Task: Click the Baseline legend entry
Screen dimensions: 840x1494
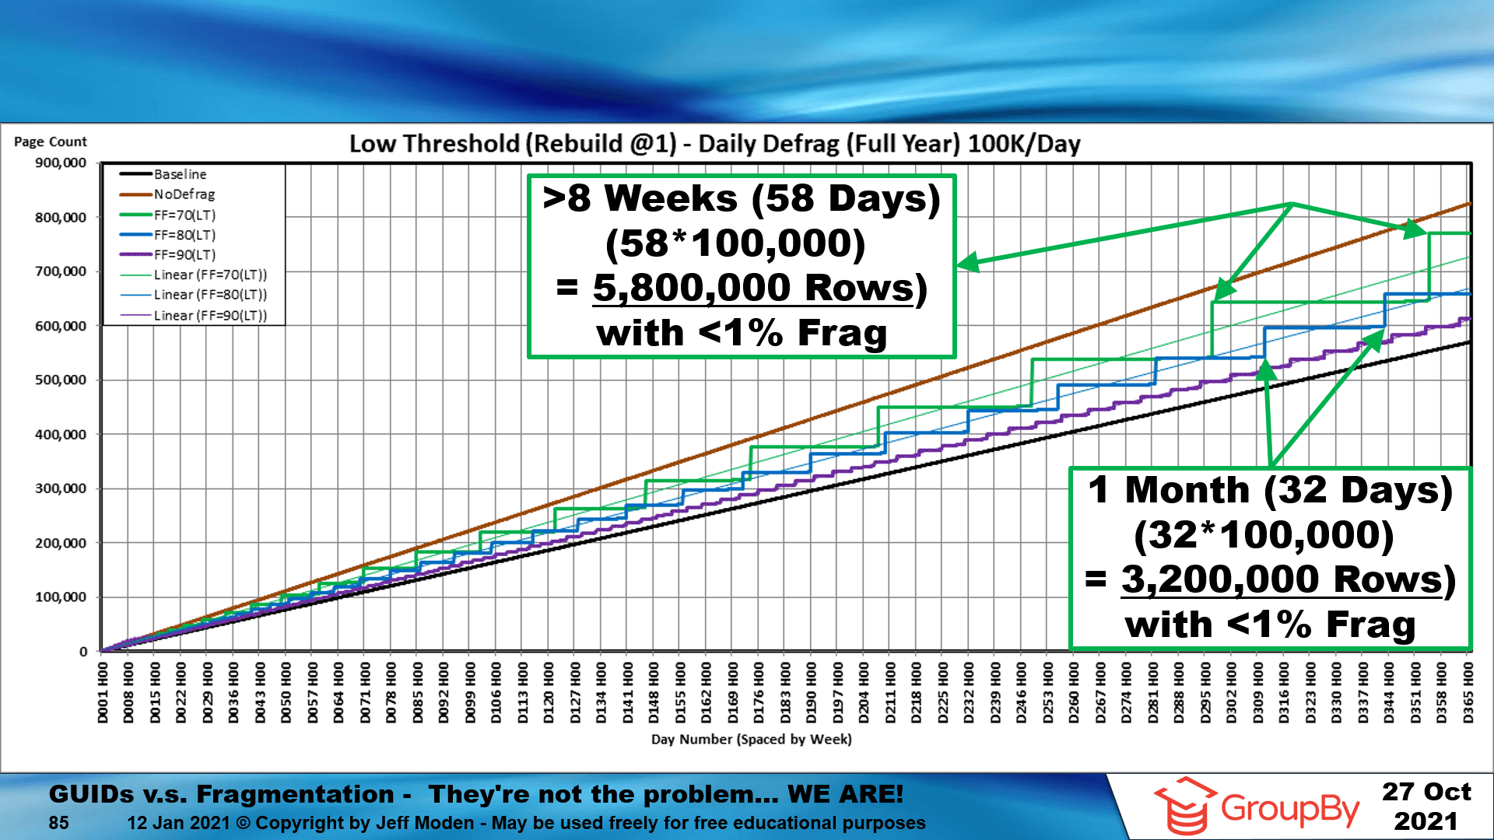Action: pos(180,174)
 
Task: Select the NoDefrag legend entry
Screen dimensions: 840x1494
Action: pos(184,194)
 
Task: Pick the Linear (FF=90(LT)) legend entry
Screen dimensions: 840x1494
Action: pos(210,316)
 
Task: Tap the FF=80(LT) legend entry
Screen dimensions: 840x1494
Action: pos(184,235)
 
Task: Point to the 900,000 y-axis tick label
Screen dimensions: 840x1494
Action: pos(61,163)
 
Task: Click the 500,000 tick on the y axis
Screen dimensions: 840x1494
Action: pos(61,380)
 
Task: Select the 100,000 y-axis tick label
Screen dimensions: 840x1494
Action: pos(61,597)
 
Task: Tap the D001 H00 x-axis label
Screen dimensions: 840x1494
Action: pos(103,693)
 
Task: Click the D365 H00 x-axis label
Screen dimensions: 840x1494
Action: pos(1468,693)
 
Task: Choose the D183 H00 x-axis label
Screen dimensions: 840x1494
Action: pos(785,693)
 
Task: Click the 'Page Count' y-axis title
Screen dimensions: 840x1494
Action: pos(51,142)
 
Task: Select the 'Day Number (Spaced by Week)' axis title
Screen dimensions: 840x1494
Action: pos(751,740)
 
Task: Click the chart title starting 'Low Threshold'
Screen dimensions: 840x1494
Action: pos(714,144)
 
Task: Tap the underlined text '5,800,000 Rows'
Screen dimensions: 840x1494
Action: pos(753,288)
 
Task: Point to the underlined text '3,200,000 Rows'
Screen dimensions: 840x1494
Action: pos(1282,579)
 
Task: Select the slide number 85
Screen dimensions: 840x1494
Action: pos(58,823)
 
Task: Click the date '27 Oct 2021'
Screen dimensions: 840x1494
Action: pos(1426,806)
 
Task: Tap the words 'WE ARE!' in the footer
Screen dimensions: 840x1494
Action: pos(845,794)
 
